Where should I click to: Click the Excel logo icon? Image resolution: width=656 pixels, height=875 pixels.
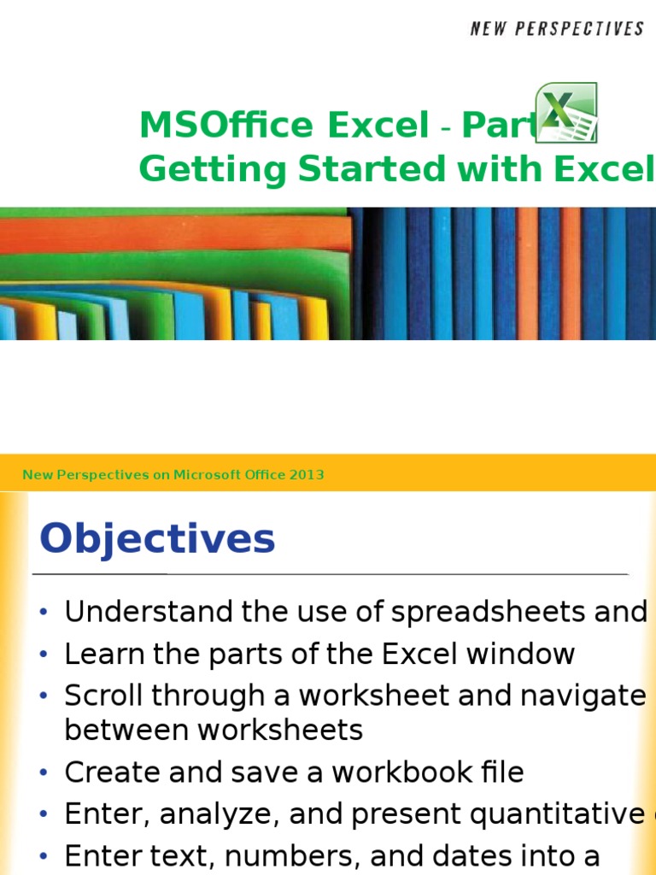tap(565, 112)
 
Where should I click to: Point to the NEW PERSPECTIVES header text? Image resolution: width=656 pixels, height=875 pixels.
tap(557, 29)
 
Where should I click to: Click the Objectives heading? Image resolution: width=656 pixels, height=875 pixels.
tap(158, 539)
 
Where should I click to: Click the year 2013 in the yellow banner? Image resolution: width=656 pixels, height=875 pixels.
tap(307, 475)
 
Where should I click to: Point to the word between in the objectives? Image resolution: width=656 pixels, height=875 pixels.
tap(119, 730)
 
